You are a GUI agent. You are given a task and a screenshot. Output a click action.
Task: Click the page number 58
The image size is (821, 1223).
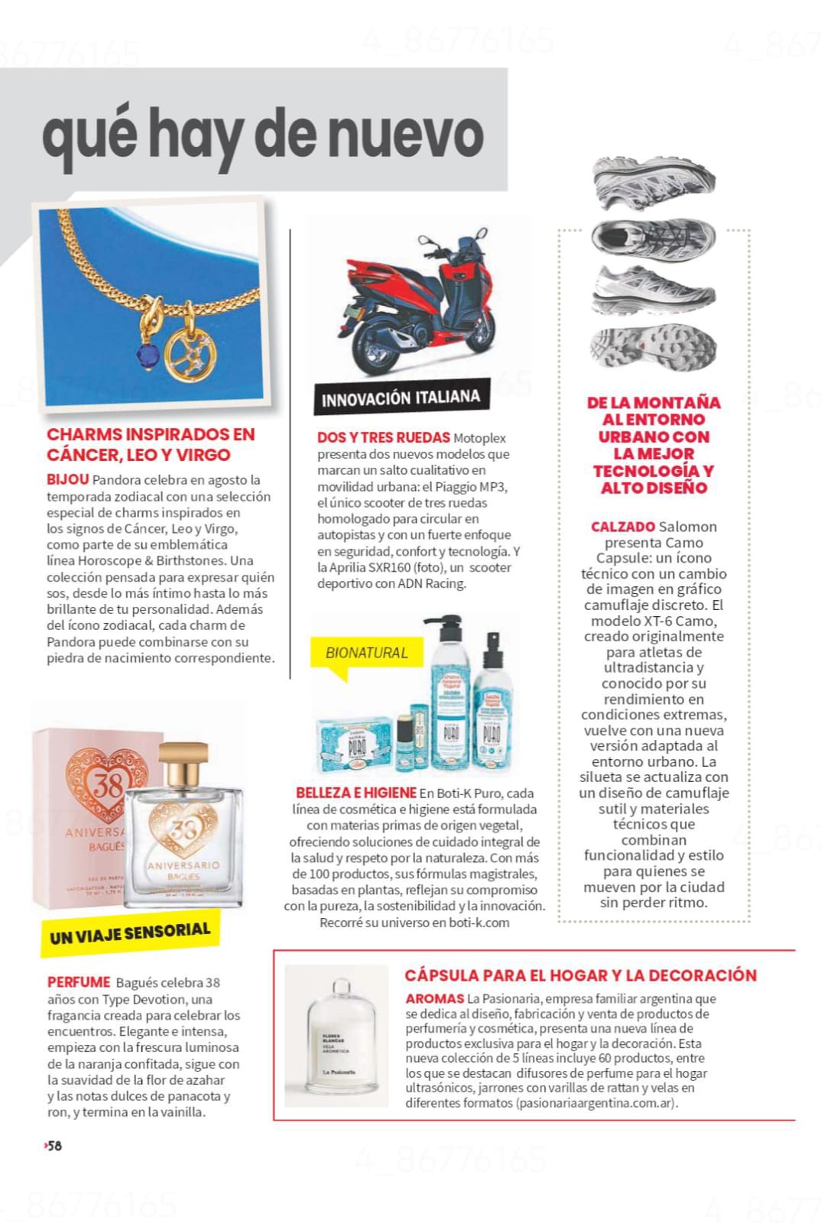(x=54, y=1146)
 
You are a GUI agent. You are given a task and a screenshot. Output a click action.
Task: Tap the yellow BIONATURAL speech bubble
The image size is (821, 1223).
(x=366, y=654)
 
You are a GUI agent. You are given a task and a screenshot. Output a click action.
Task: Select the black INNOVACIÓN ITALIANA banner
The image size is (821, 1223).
(x=401, y=398)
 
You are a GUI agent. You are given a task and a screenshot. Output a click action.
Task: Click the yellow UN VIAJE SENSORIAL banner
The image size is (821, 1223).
(x=130, y=933)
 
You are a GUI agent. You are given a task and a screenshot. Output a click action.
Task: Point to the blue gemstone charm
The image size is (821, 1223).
(x=147, y=355)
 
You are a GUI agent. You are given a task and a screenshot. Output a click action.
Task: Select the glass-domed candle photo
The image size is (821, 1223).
(x=336, y=1036)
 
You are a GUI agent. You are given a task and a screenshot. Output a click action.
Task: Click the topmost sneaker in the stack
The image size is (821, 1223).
(x=654, y=183)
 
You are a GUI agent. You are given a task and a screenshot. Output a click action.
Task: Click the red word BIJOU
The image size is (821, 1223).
(x=67, y=480)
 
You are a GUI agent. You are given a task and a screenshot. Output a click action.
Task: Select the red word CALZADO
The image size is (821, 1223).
(x=622, y=527)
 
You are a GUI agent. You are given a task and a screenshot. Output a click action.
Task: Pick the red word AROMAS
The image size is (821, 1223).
(x=434, y=998)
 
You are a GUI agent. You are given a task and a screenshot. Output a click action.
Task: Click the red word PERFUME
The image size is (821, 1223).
(x=79, y=982)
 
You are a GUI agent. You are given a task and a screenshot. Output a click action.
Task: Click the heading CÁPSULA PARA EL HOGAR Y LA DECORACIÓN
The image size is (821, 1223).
(x=580, y=975)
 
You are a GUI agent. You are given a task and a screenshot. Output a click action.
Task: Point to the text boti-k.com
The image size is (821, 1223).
(x=479, y=923)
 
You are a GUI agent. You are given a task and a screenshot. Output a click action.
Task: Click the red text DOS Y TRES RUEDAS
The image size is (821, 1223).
(x=384, y=437)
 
